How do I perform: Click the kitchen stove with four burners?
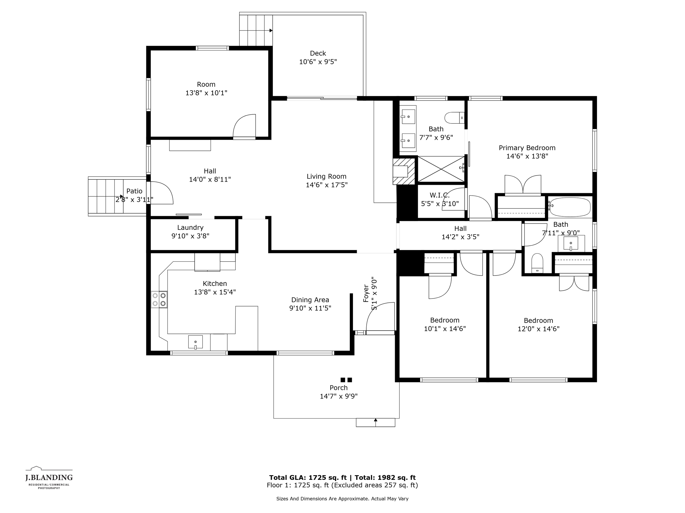(x=159, y=299)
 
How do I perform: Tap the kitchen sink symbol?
(x=195, y=342)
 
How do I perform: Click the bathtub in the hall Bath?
(x=570, y=207)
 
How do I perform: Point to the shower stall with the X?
(x=441, y=169)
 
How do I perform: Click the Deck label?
(x=318, y=53)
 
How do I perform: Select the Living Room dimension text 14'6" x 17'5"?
(x=326, y=185)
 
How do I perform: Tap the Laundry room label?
(x=190, y=228)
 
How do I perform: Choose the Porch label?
(x=338, y=388)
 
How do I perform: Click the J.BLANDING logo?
(x=49, y=478)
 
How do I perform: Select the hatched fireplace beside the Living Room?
(x=404, y=171)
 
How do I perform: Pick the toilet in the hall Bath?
(x=537, y=263)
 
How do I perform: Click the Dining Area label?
(x=310, y=300)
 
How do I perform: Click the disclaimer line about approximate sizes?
(x=342, y=498)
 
